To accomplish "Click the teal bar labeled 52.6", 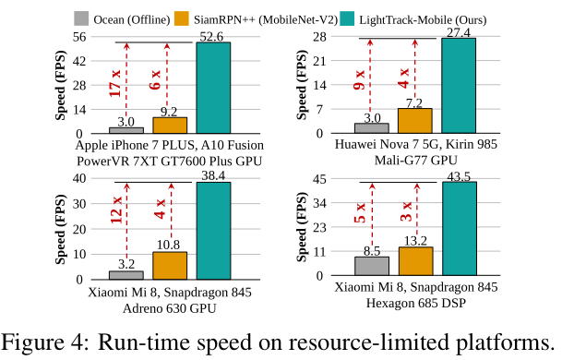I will point(213,88).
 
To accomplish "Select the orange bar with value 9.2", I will point(170,126).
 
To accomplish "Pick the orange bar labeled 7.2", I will point(414,121).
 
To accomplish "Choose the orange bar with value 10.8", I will point(170,265).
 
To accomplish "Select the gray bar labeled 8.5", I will point(372,266).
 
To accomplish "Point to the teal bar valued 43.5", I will point(459,229).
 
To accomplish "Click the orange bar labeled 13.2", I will point(415,261).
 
